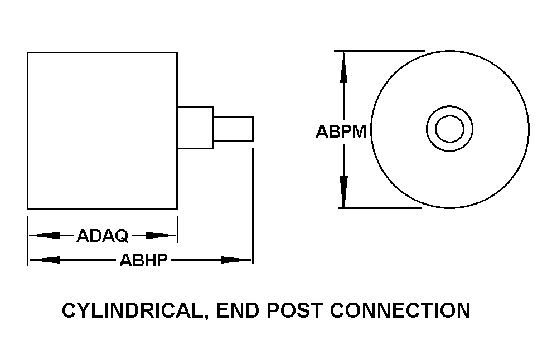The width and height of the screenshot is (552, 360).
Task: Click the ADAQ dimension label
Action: click(x=103, y=236)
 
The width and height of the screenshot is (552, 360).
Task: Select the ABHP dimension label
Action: click(x=144, y=260)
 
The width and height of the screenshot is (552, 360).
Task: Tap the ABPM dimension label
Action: click(x=341, y=132)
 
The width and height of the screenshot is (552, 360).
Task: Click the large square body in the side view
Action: click(x=103, y=131)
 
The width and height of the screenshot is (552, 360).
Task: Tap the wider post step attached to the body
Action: click(x=195, y=128)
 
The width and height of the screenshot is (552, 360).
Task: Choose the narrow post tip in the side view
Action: click(x=234, y=129)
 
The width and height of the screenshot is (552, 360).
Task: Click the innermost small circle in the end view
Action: click(x=449, y=130)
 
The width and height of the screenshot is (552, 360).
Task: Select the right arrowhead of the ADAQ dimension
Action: click(x=163, y=236)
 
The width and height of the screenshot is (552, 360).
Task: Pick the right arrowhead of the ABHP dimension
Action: click(x=237, y=260)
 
